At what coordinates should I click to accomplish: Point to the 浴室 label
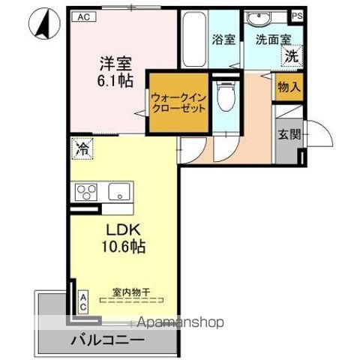click(223, 40)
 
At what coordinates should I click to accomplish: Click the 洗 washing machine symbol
click(289, 55)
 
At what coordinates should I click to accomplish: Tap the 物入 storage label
click(289, 88)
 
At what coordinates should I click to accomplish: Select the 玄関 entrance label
click(289, 135)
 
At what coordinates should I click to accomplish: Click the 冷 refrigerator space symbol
click(80, 148)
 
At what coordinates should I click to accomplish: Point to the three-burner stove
click(85, 191)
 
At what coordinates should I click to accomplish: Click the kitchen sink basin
click(118, 190)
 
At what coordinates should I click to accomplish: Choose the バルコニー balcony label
click(109, 340)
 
